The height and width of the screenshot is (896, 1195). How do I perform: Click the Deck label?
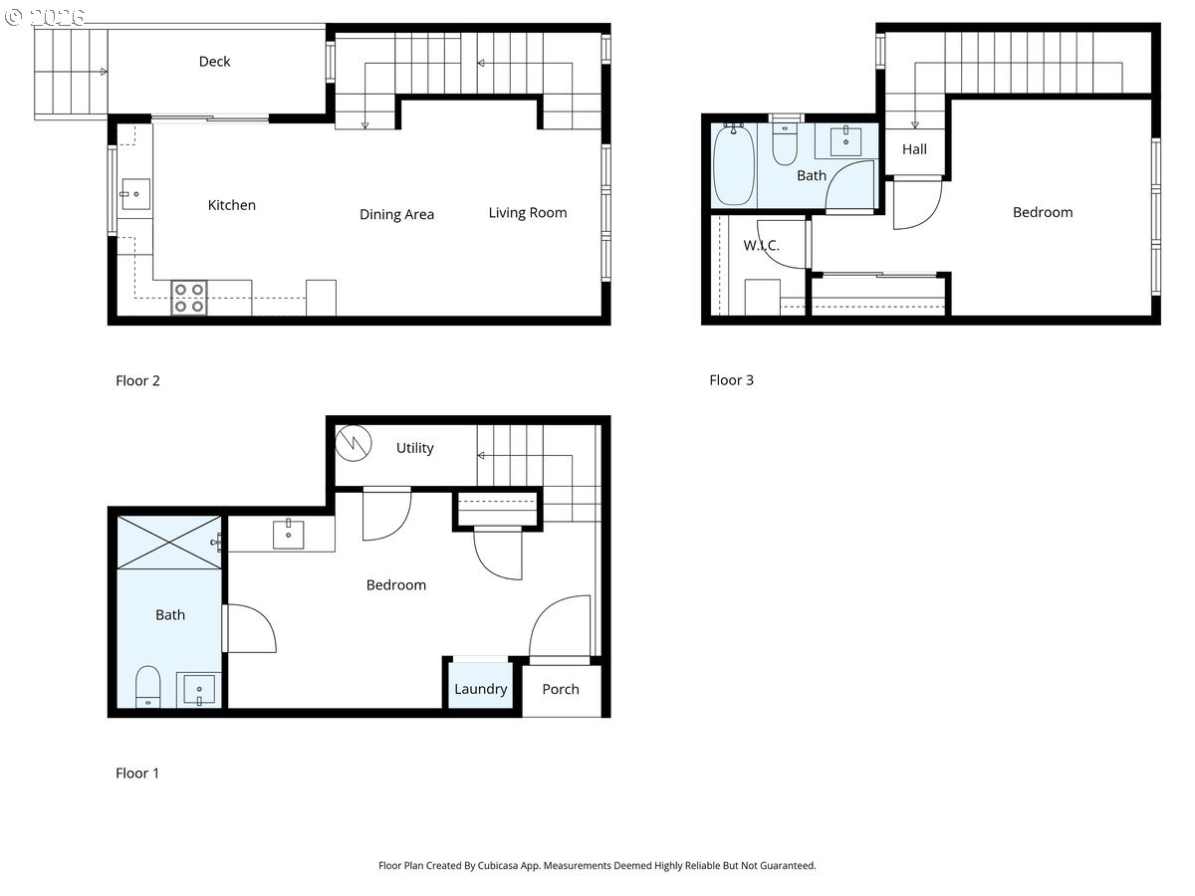click(214, 62)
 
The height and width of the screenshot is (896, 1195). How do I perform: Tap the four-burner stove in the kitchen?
click(189, 298)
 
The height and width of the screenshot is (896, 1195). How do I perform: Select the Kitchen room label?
click(231, 205)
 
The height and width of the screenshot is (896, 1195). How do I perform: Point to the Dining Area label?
click(397, 214)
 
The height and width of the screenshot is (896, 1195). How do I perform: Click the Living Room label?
click(528, 213)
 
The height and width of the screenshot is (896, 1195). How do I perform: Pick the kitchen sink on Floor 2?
click(135, 194)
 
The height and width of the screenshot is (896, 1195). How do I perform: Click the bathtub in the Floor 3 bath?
click(734, 165)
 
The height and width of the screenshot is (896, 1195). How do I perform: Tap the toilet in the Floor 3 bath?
click(785, 144)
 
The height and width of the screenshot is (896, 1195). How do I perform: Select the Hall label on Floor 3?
click(914, 149)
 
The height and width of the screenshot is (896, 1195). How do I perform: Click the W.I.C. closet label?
click(761, 245)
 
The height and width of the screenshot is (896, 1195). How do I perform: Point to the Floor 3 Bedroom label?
click(1043, 212)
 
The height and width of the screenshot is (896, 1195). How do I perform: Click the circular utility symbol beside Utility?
click(354, 443)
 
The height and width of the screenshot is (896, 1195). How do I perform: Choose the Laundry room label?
click(481, 689)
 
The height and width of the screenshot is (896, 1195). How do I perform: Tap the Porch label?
click(561, 689)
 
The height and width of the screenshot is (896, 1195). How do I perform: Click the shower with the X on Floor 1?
click(169, 543)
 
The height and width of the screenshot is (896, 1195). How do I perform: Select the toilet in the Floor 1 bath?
click(147, 687)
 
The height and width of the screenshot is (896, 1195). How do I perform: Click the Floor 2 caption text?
click(137, 381)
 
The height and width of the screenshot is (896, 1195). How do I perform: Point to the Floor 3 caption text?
click(731, 380)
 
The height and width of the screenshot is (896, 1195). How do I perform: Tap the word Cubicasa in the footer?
click(497, 865)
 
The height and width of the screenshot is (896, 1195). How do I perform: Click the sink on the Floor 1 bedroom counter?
click(289, 534)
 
